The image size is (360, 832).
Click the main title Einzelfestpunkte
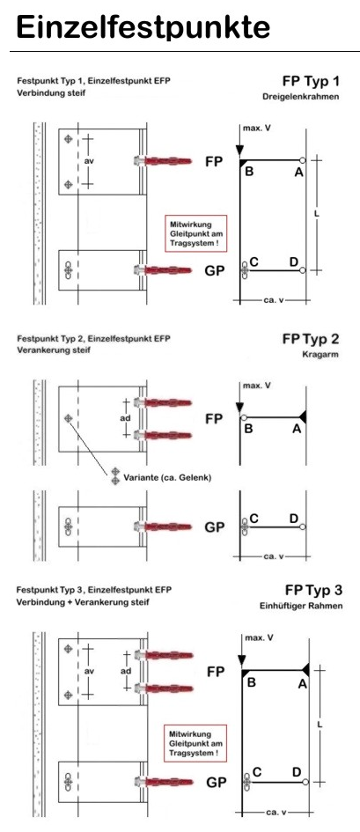[x=143, y=27]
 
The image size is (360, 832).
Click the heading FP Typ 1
[x=310, y=81]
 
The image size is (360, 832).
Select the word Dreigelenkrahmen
[x=301, y=97]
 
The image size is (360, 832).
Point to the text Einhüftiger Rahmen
[x=301, y=606]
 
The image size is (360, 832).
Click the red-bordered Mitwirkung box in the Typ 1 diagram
[x=195, y=233]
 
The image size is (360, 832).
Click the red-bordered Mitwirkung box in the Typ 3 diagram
[x=195, y=743]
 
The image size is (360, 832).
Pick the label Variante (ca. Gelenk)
[x=167, y=477]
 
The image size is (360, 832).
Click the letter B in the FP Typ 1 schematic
[x=249, y=172]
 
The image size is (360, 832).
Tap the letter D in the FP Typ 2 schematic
[x=294, y=519]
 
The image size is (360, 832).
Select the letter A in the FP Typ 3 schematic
[x=302, y=684]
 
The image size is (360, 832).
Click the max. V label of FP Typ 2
[x=257, y=386]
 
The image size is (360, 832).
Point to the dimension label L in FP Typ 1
[x=317, y=213]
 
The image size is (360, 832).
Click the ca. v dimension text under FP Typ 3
[x=276, y=813]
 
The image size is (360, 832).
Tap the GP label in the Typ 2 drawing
[x=215, y=527]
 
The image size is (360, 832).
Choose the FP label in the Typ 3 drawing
[x=216, y=671]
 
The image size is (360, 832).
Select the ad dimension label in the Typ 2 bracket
[x=125, y=418]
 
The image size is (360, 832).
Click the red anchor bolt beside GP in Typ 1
[x=164, y=270]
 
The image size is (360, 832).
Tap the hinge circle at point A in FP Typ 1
[x=302, y=160]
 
